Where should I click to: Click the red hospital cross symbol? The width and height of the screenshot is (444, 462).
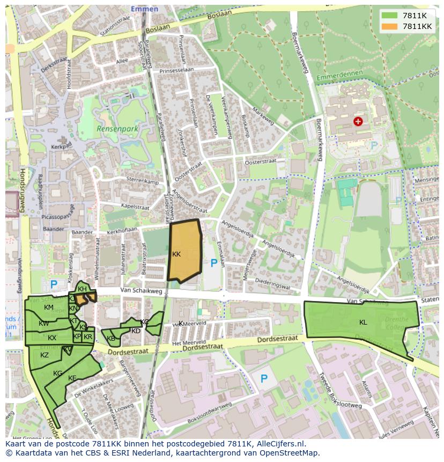pos(358,121)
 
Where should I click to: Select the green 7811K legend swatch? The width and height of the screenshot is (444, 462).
pos(389,16)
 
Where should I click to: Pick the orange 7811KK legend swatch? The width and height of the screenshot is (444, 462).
pos(389,26)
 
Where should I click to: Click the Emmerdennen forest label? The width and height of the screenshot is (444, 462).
pos(339,76)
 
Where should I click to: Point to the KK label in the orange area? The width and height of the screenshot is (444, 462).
pos(176,254)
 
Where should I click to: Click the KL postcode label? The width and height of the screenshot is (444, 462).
pos(363,322)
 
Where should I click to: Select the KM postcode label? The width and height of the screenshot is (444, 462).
pos(49,307)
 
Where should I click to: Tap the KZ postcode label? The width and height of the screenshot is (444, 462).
pos(45,355)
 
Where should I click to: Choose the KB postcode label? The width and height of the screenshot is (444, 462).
pos(111,339)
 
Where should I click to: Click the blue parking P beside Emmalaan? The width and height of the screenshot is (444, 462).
pos(214,263)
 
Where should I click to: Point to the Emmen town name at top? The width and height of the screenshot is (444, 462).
pos(145,9)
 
